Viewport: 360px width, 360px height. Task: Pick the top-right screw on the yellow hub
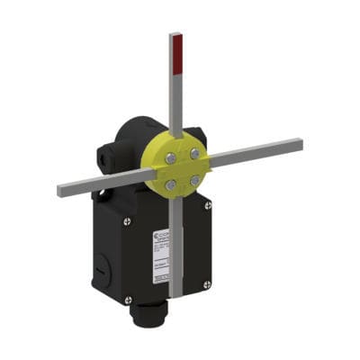click(191, 154)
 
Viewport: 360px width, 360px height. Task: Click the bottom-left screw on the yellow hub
click(169, 184)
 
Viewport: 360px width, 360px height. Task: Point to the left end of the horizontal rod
click(61, 190)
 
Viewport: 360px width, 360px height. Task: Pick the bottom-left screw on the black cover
click(128, 298)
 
